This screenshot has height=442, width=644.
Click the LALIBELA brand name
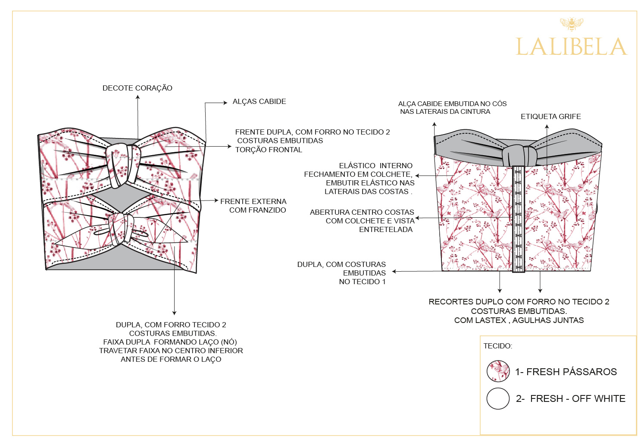(x=571, y=47)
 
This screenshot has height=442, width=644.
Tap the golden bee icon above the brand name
(x=572, y=24)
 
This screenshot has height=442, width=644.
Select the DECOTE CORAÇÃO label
(x=137, y=88)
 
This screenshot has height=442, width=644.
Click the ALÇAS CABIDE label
(x=259, y=101)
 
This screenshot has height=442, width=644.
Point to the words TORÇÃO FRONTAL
(x=269, y=150)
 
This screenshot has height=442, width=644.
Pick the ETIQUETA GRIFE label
(x=550, y=116)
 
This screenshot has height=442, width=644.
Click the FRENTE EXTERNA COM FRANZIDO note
(x=253, y=206)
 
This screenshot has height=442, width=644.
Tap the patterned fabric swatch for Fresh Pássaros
(x=498, y=371)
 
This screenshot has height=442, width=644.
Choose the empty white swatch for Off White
(x=498, y=398)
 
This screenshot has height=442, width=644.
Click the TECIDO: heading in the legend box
(x=497, y=346)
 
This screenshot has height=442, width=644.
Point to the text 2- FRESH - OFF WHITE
(x=570, y=398)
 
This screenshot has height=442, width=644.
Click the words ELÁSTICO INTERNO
(x=375, y=166)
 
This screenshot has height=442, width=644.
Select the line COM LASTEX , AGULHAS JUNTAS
(x=519, y=320)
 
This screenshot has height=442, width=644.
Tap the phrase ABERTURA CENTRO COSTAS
(x=362, y=212)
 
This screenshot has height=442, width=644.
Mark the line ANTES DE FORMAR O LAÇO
(x=171, y=359)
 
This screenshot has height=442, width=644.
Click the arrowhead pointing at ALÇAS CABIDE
(x=225, y=103)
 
